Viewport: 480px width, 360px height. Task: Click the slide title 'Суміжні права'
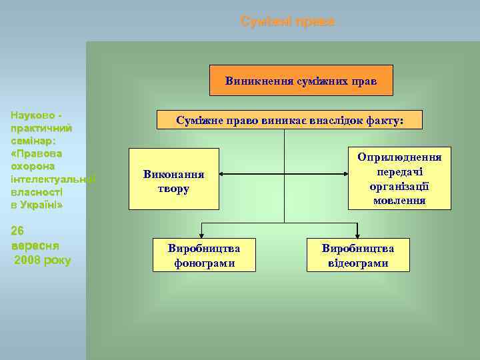pyautogui.click(x=287, y=22)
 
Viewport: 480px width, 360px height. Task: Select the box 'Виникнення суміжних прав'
pyautogui.click(x=301, y=81)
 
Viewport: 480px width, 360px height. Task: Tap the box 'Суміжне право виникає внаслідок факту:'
pyautogui.click(x=289, y=120)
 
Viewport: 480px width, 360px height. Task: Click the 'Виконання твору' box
pyautogui.click(x=173, y=181)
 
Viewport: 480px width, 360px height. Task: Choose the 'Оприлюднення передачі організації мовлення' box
pyautogui.click(x=399, y=178)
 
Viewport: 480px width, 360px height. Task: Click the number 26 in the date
pyautogui.click(x=19, y=231)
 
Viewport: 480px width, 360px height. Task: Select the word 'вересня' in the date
pyautogui.click(x=33, y=245)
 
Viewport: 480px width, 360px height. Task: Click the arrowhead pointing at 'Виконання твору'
pyautogui.click(x=223, y=175)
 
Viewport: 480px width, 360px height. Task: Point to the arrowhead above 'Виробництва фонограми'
pyautogui.click(x=204, y=233)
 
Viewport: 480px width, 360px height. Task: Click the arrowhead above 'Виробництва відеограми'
pyautogui.click(x=357, y=233)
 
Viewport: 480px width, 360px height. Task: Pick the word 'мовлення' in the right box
pyautogui.click(x=399, y=200)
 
